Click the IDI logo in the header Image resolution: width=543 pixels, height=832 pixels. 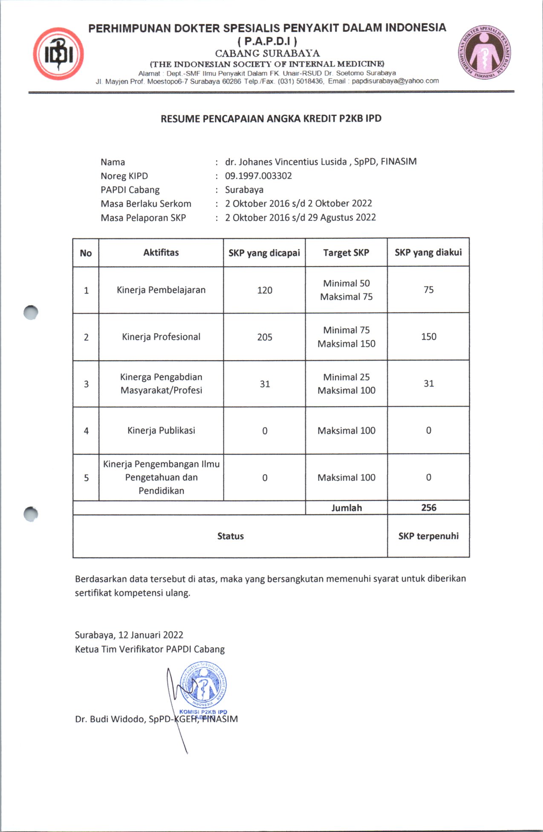pos(58,54)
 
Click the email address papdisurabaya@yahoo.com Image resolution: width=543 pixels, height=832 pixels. pos(395,81)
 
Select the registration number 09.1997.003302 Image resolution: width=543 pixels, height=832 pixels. pos(258,176)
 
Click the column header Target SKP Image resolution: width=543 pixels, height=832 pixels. pos(346,253)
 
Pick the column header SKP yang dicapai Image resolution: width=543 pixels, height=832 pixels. pos(264,253)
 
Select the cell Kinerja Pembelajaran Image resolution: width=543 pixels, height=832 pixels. pos(161,290)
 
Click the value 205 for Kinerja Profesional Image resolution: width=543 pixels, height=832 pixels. pos(265,337)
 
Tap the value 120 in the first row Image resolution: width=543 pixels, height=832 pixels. pos(265,290)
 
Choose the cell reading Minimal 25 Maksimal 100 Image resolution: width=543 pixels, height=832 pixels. pos(347,384)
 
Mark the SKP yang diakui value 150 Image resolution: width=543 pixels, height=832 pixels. pos(429,337)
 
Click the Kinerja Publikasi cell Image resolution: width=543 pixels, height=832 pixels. pos(161,430)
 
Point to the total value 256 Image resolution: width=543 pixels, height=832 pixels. pos(429,508)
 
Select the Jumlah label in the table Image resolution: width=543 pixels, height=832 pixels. pos(347,508)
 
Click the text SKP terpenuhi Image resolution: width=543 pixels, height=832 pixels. pos(428,536)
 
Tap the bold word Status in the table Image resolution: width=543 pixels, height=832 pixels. pos(231,536)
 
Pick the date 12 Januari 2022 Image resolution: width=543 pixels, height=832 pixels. pos(151,635)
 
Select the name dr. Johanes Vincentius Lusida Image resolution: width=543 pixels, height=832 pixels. pos(286,162)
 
